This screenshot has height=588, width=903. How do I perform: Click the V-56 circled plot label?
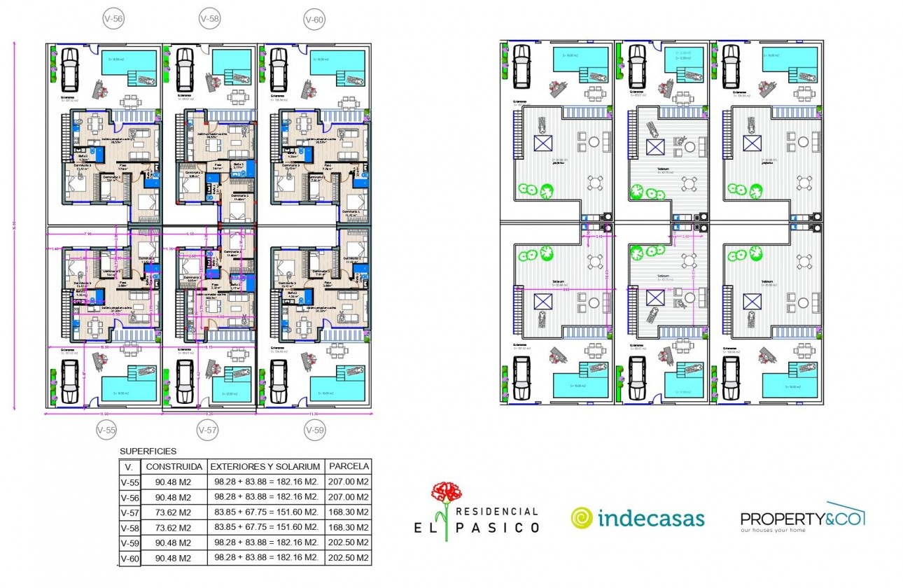(x=114, y=20)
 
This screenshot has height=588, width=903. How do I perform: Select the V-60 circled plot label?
(x=314, y=20)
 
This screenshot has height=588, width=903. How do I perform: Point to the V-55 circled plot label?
(x=106, y=430)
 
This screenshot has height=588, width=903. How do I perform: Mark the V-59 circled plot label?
(x=315, y=430)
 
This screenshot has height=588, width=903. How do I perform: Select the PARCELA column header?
(x=349, y=466)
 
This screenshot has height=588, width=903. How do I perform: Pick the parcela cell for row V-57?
(x=349, y=512)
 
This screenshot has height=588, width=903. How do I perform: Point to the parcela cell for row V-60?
(x=349, y=558)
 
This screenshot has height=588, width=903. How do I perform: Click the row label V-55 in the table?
(x=129, y=482)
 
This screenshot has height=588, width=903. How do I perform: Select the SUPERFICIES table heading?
(x=148, y=451)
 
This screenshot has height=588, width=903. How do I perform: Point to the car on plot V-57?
(x=185, y=382)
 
